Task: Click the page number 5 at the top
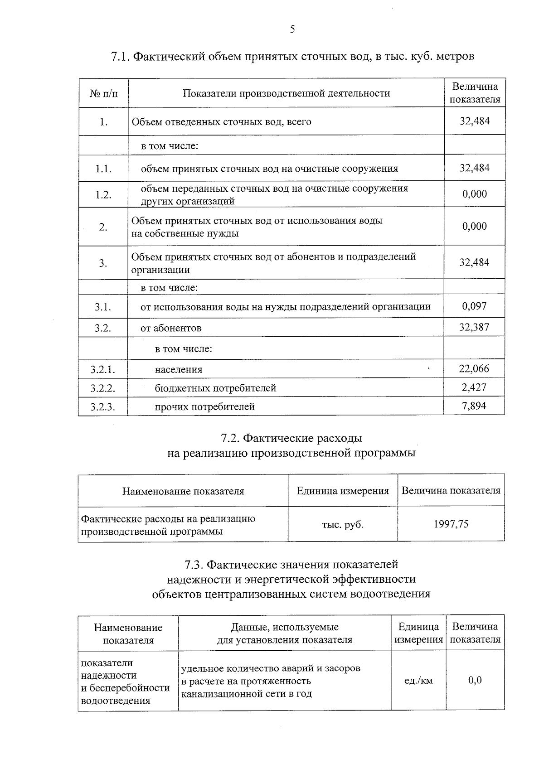point(292,30)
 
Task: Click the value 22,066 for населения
point(474,369)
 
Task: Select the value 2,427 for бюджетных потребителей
point(474,387)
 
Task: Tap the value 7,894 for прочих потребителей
point(474,406)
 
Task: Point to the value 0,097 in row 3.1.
point(474,306)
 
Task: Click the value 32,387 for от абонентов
point(474,327)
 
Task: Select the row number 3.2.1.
point(103,370)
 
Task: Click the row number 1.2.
point(103,195)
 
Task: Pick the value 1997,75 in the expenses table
point(451,524)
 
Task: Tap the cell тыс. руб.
point(343,525)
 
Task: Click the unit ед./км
point(418,681)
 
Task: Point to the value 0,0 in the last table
point(475,680)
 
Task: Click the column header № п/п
point(103,94)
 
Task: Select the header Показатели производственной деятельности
point(286,94)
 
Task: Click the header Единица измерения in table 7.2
point(343,491)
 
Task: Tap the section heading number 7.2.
point(230,439)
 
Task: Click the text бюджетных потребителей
point(215,388)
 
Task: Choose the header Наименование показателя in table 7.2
point(183,491)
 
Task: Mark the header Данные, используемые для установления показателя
point(285,634)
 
